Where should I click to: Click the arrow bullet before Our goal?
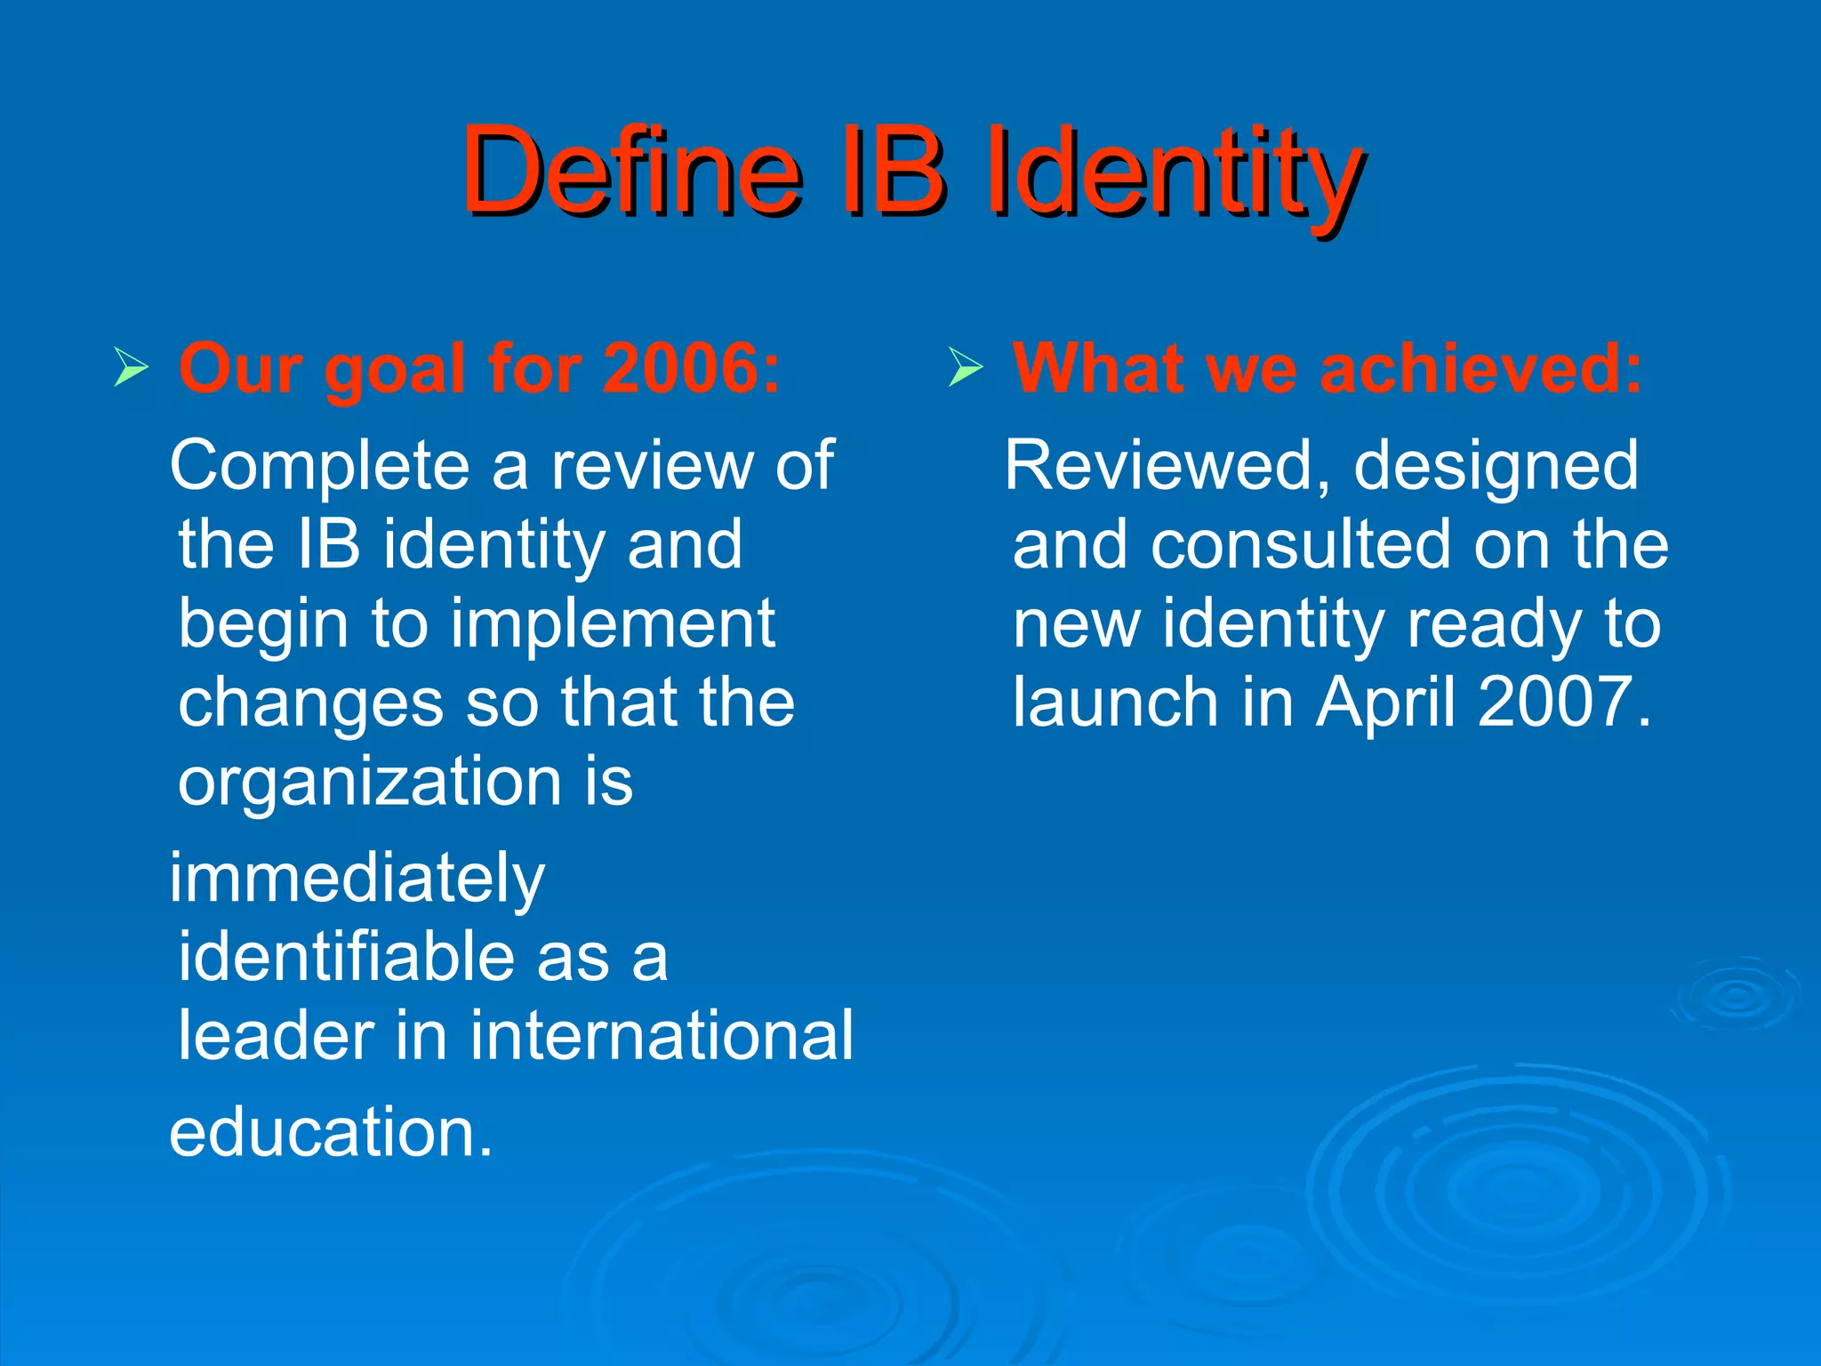[x=131, y=367]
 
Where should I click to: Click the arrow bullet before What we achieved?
[x=965, y=367]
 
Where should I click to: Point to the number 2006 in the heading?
[x=680, y=368]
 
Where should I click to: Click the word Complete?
[x=319, y=466]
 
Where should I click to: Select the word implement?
[x=613, y=624]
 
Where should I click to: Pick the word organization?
[x=369, y=782]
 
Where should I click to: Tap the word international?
[x=662, y=1036]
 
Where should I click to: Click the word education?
[x=330, y=1132]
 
